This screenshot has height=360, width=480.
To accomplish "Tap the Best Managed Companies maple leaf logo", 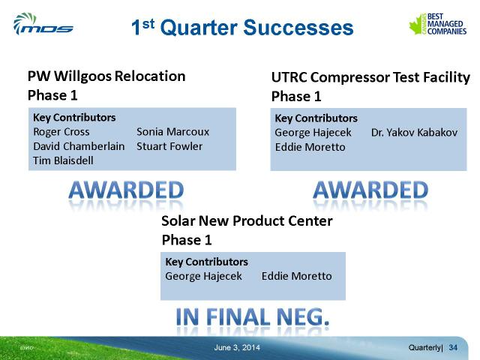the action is pos(438,23).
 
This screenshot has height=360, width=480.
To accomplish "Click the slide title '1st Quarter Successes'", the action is pos(242,27).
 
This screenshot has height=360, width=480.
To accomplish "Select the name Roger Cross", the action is pos(61,132).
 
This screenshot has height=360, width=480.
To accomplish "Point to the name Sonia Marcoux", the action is pos(172,132).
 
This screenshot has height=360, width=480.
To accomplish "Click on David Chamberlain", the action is pos(79,146).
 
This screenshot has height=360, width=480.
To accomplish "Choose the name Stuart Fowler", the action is pos(169,146).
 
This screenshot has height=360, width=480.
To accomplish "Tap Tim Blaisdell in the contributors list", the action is pos(63,160).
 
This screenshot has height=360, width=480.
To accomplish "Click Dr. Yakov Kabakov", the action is pos(414,132).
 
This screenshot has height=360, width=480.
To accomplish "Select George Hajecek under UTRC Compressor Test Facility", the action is pos(313,133).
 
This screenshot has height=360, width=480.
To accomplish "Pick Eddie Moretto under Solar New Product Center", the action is pos(297,276).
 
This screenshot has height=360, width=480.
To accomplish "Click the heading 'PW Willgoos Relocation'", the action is pos(106,76).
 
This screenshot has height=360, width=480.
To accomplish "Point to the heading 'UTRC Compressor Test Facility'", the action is pos(370,77).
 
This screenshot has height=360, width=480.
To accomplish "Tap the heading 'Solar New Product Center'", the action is pos(247,220).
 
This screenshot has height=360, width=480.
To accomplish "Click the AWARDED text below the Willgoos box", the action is pos(126,190).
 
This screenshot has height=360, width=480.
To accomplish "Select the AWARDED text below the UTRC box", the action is pos(370,190).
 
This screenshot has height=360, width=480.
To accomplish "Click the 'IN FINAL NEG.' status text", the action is pos(253,316).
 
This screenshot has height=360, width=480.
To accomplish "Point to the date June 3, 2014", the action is pos(237,347).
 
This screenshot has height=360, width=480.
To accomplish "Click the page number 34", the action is pos(453,347).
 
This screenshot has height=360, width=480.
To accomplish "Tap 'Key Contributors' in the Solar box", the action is pos(207,262).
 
